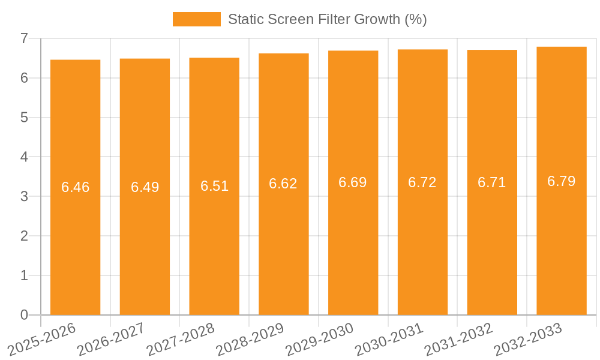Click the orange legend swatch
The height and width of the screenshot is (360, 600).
point(196,19)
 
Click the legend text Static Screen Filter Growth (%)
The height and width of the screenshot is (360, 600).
point(327,19)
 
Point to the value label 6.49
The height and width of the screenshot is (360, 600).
point(145,187)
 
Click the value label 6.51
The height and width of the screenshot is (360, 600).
point(214,186)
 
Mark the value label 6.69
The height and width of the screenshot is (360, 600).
point(353,182)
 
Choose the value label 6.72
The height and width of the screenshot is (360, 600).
point(422,182)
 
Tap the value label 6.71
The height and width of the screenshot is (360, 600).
point(492,182)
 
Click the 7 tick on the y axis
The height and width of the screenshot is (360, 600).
point(24,38)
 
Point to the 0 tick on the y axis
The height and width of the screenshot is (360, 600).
point(24,315)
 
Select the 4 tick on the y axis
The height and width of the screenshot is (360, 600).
point(24,157)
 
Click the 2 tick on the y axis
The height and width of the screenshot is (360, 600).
point(24,236)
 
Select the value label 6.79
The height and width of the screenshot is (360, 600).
point(562,181)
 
